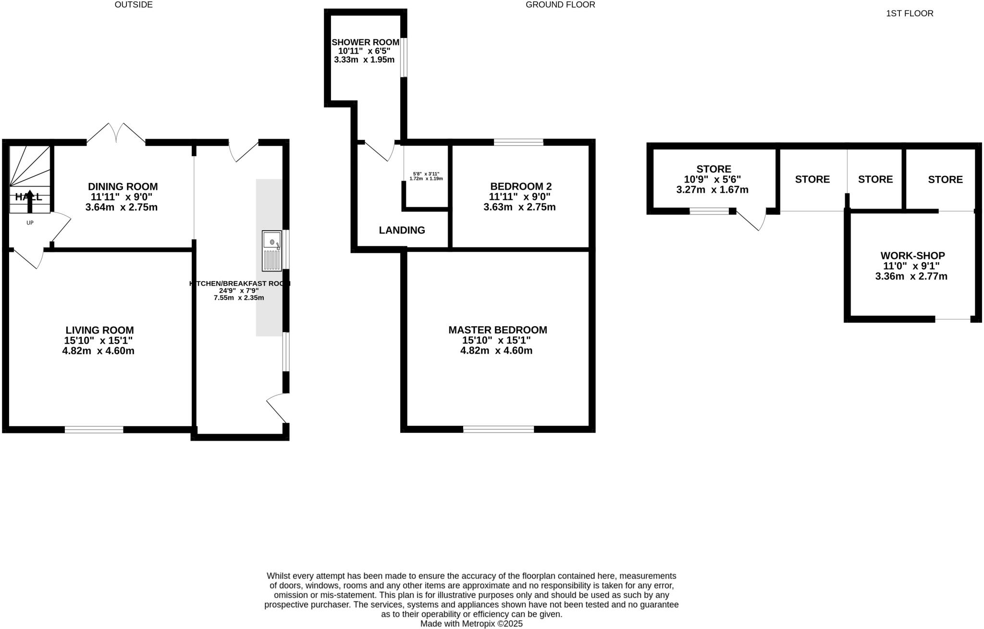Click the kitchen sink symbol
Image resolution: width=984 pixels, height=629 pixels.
[271, 250]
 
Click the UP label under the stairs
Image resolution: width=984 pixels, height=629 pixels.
[30, 223]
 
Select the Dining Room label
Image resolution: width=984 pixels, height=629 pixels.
[123, 186]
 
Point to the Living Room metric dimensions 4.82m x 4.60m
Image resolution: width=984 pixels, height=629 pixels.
[98, 351]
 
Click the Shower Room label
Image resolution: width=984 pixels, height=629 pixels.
[365, 42]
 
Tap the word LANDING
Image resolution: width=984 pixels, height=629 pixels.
[402, 230]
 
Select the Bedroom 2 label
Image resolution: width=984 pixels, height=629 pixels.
[521, 186]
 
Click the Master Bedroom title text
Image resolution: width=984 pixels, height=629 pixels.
[497, 330]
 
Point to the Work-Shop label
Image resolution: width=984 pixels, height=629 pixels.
[912, 256]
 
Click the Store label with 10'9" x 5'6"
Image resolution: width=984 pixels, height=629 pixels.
[713, 169]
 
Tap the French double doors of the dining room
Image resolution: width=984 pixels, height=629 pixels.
[116, 133]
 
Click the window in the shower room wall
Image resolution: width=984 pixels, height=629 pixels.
[404, 57]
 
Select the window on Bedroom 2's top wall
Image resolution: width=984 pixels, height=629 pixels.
[518, 142]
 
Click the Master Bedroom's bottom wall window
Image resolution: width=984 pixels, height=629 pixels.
[498, 429]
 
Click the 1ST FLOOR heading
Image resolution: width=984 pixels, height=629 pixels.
[910, 13]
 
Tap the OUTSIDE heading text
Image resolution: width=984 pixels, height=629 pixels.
[134, 5]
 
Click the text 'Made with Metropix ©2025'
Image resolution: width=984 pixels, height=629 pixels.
[471, 624]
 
